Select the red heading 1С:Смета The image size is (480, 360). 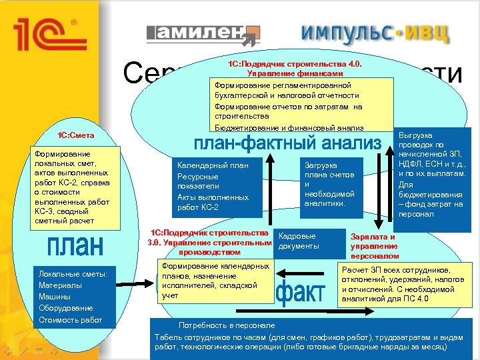click(x=75, y=135)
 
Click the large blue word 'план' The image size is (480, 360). click(x=76, y=245)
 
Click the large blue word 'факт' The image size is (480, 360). click(x=300, y=291)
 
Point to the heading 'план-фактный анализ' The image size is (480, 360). click(x=287, y=143)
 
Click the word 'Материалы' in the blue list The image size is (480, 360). click(x=60, y=285)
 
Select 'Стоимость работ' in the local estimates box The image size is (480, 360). click(x=70, y=320)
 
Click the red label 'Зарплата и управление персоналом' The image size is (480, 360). click(x=375, y=246)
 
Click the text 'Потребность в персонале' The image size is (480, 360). click(x=227, y=325)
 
